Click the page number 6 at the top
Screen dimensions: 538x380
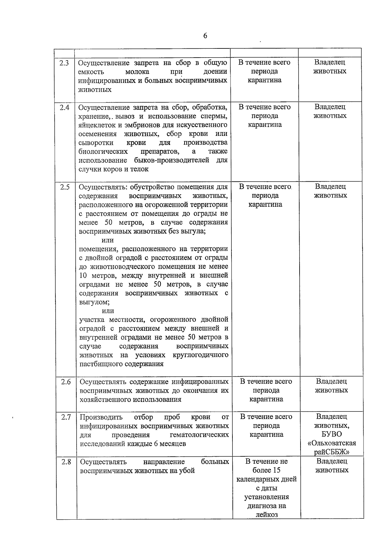click(x=205, y=36)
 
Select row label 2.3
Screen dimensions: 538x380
click(x=64, y=63)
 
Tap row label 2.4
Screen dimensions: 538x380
click(x=64, y=107)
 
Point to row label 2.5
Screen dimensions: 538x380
click(x=65, y=187)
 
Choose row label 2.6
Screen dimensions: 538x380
click(x=66, y=382)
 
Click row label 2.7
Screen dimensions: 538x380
click(x=66, y=417)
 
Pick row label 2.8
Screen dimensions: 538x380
click(x=66, y=462)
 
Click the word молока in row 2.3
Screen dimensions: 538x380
click(x=137, y=72)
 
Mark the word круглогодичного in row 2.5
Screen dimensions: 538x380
click(x=200, y=355)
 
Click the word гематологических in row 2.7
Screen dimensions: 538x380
click(x=199, y=435)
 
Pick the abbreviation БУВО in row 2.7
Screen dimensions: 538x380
click(x=332, y=434)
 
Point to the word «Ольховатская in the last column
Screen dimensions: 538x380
click(x=332, y=443)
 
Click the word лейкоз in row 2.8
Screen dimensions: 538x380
click(x=266, y=515)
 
